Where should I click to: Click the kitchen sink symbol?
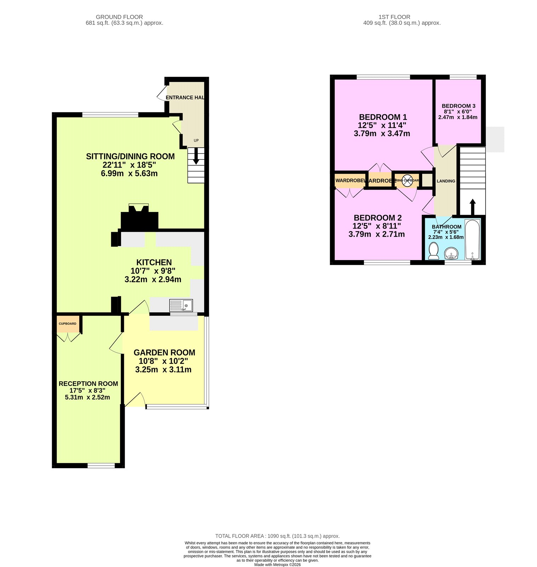pyautogui.click(x=181, y=305)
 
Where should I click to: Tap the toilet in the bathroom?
pyautogui.click(x=433, y=251)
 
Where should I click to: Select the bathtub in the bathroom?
pyautogui.click(x=472, y=240)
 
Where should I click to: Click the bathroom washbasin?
pyautogui.click(x=451, y=254)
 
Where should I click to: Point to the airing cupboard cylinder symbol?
pyautogui.click(x=407, y=180)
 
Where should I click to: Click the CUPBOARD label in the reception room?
pyautogui.click(x=68, y=324)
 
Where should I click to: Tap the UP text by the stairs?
pyautogui.click(x=196, y=140)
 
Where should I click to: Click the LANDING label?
pyautogui.click(x=446, y=181)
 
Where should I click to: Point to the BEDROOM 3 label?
pyautogui.click(x=458, y=106)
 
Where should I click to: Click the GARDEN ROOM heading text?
pyautogui.click(x=164, y=353)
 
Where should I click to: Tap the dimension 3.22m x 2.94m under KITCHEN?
pyautogui.click(x=153, y=280)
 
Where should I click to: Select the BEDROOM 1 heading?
pyautogui.click(x=383, y=117)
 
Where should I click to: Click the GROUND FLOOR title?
pyautogui.click(x=119, y=17)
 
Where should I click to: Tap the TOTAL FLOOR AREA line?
pyautogui.click(x=277, y=536)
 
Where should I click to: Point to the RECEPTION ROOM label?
pyautogui.click(x=88, y=384)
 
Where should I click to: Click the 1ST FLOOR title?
pyautogui.click(x=394, y=17)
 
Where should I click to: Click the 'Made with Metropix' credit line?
pyautogui.click(x=277, y=565)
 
